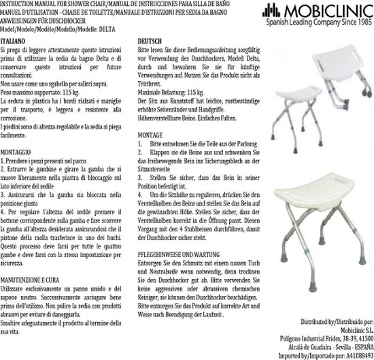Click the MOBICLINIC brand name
[x=326, y=14]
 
